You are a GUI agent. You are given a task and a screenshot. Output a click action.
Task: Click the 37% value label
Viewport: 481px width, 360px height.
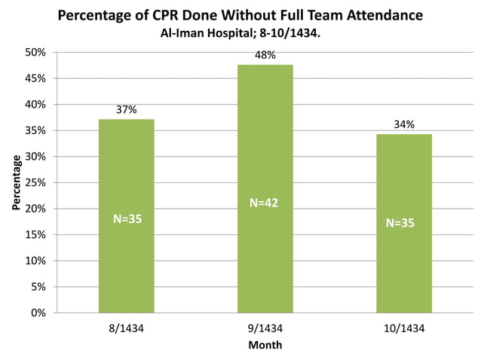click(126, 110)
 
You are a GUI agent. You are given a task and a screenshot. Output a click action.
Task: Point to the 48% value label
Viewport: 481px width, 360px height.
click(265, 55)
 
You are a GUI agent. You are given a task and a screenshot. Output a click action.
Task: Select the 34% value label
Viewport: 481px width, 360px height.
click(404, 124)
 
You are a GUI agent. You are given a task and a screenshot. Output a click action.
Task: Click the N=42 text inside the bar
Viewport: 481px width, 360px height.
click(265, 203)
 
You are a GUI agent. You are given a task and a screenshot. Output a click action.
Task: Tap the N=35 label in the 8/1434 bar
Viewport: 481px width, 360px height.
click(127, 219)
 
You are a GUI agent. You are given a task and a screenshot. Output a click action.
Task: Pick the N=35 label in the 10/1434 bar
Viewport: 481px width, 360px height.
click(400, 223)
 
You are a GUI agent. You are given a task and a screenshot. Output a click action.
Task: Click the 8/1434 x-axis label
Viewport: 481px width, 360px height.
click(126, 328)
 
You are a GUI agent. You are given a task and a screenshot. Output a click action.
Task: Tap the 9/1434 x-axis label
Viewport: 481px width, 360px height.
click(265, 328)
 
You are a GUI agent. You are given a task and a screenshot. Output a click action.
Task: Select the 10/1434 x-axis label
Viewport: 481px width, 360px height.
click(404, 328)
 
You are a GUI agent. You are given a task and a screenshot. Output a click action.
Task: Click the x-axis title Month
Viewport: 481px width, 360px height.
click(265, 345)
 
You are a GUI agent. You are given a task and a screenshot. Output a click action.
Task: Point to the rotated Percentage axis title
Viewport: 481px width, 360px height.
click(16, 182)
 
